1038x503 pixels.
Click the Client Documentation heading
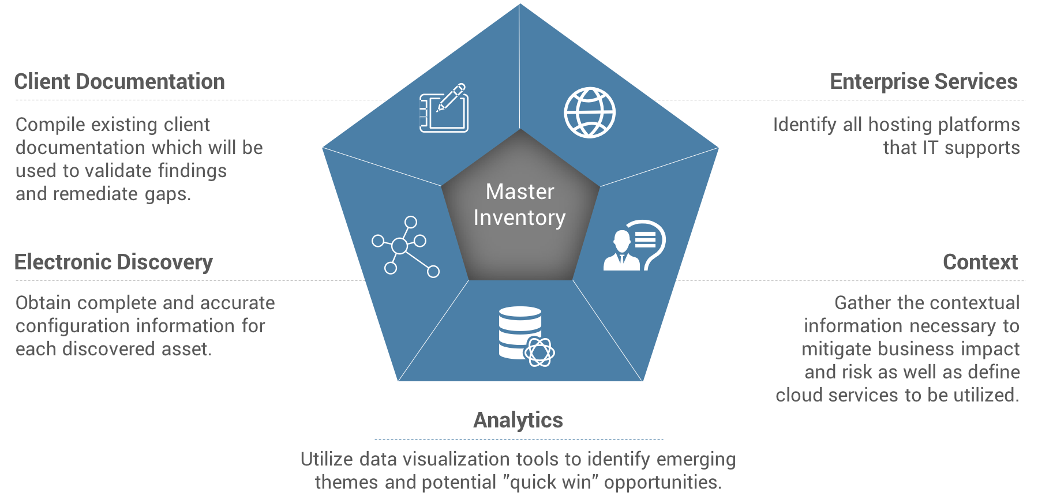[119, 82]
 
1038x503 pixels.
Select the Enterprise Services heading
[923, 82]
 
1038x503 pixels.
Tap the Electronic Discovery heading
[114, 262]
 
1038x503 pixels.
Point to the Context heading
[980, 262]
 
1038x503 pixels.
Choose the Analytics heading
[518, 421]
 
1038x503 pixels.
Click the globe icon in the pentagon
[590, 112]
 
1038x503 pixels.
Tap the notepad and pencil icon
[443, 108]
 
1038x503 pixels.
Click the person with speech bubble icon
[634, 246]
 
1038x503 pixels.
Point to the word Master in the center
[520, 192]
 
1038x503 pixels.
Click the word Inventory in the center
[519, 218]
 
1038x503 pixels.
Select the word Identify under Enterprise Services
[804, 125]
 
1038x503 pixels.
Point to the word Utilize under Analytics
[327, 460]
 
